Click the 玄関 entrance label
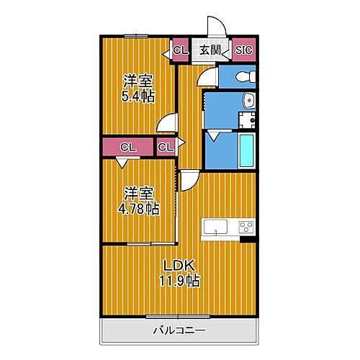210,50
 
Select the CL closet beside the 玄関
180,50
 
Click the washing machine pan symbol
246,122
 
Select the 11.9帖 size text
180,281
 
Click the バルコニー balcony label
179,330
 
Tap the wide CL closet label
128,147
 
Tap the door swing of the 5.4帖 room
168,123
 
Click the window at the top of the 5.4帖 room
135,36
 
